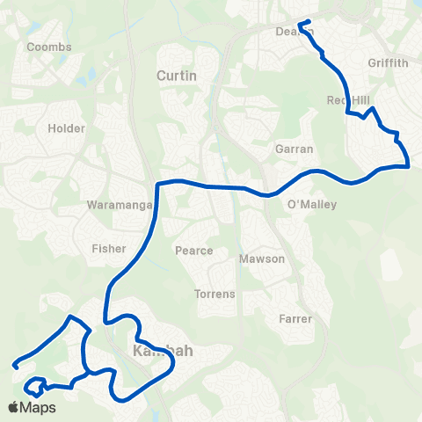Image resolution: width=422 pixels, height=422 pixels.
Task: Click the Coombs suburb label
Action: point(43,47)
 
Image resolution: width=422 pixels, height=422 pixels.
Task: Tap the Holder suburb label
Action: point(67,128)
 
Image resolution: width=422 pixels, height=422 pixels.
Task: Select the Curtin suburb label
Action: point(176,76)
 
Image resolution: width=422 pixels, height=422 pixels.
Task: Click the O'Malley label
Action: point(312,205)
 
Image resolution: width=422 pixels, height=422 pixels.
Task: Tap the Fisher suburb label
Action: point(109,249)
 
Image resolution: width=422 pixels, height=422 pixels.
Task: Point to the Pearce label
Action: point(194,251)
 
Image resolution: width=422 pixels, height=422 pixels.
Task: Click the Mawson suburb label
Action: point(262,259)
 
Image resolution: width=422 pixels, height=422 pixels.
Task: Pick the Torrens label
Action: point(215,293)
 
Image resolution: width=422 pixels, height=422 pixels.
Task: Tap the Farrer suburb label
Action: point(295,318)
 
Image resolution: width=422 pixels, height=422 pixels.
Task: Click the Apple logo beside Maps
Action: point(13,407)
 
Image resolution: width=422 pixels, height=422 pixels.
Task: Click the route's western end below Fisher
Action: point(15,365)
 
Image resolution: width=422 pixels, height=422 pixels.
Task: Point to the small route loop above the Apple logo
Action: point(35,385)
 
